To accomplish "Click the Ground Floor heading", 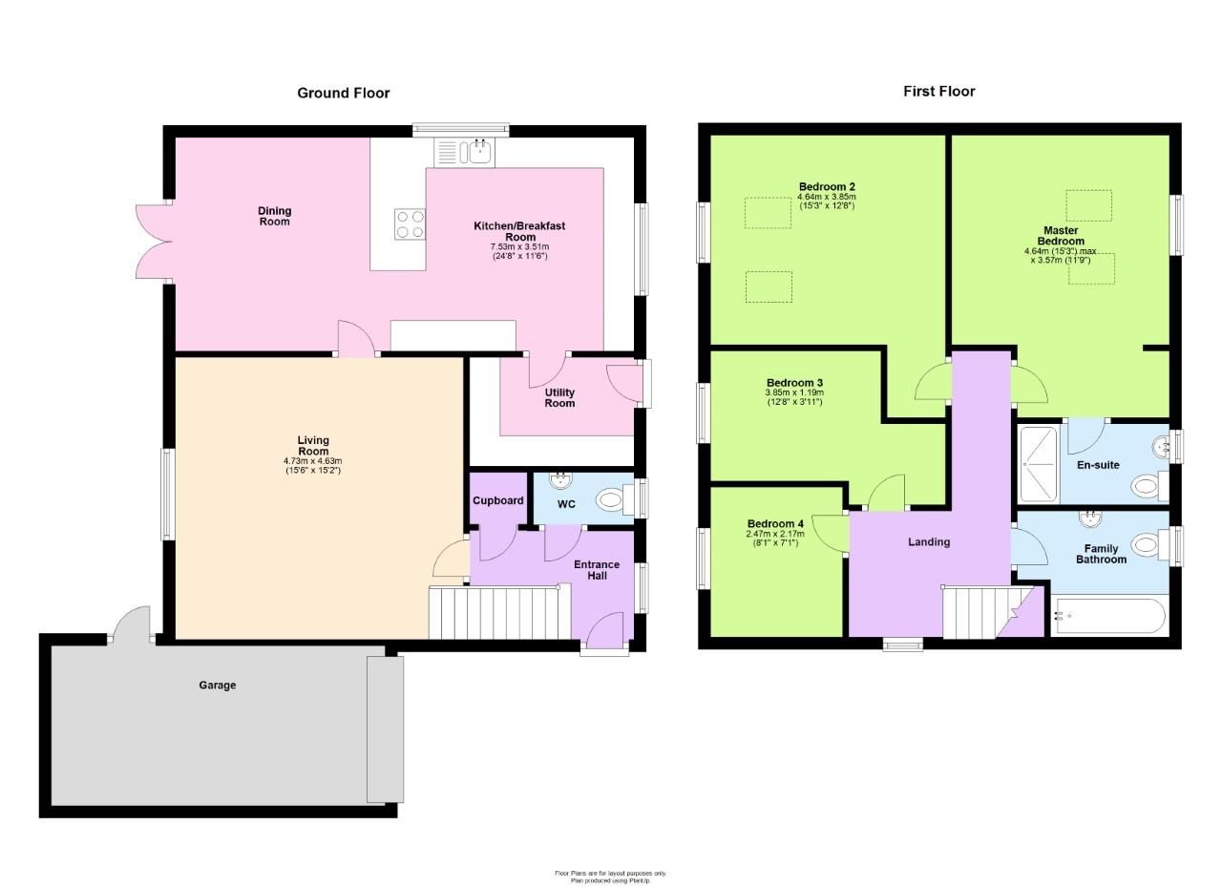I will (x=343, y=93).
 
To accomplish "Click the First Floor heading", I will (x=938, y=92).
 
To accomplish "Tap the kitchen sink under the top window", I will (x=463, y=151).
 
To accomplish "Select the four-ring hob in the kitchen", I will (x=410, y=223).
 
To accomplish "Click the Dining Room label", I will (x=274, y=217).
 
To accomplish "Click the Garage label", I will (x=217, y=685).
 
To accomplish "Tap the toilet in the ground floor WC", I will (x=609, y=498).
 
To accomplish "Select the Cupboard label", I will (x=497, y=500).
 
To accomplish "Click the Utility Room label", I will (x=559, y=398).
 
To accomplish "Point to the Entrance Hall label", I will (x=597, y=570).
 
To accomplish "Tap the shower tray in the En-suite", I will (x=1039, y=465).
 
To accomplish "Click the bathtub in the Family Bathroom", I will (x=1107, y=616).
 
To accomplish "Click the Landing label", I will (x=928, y=542).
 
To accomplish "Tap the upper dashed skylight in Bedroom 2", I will (x=768, y=213).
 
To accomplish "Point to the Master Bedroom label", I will (x=1061, y=236).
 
